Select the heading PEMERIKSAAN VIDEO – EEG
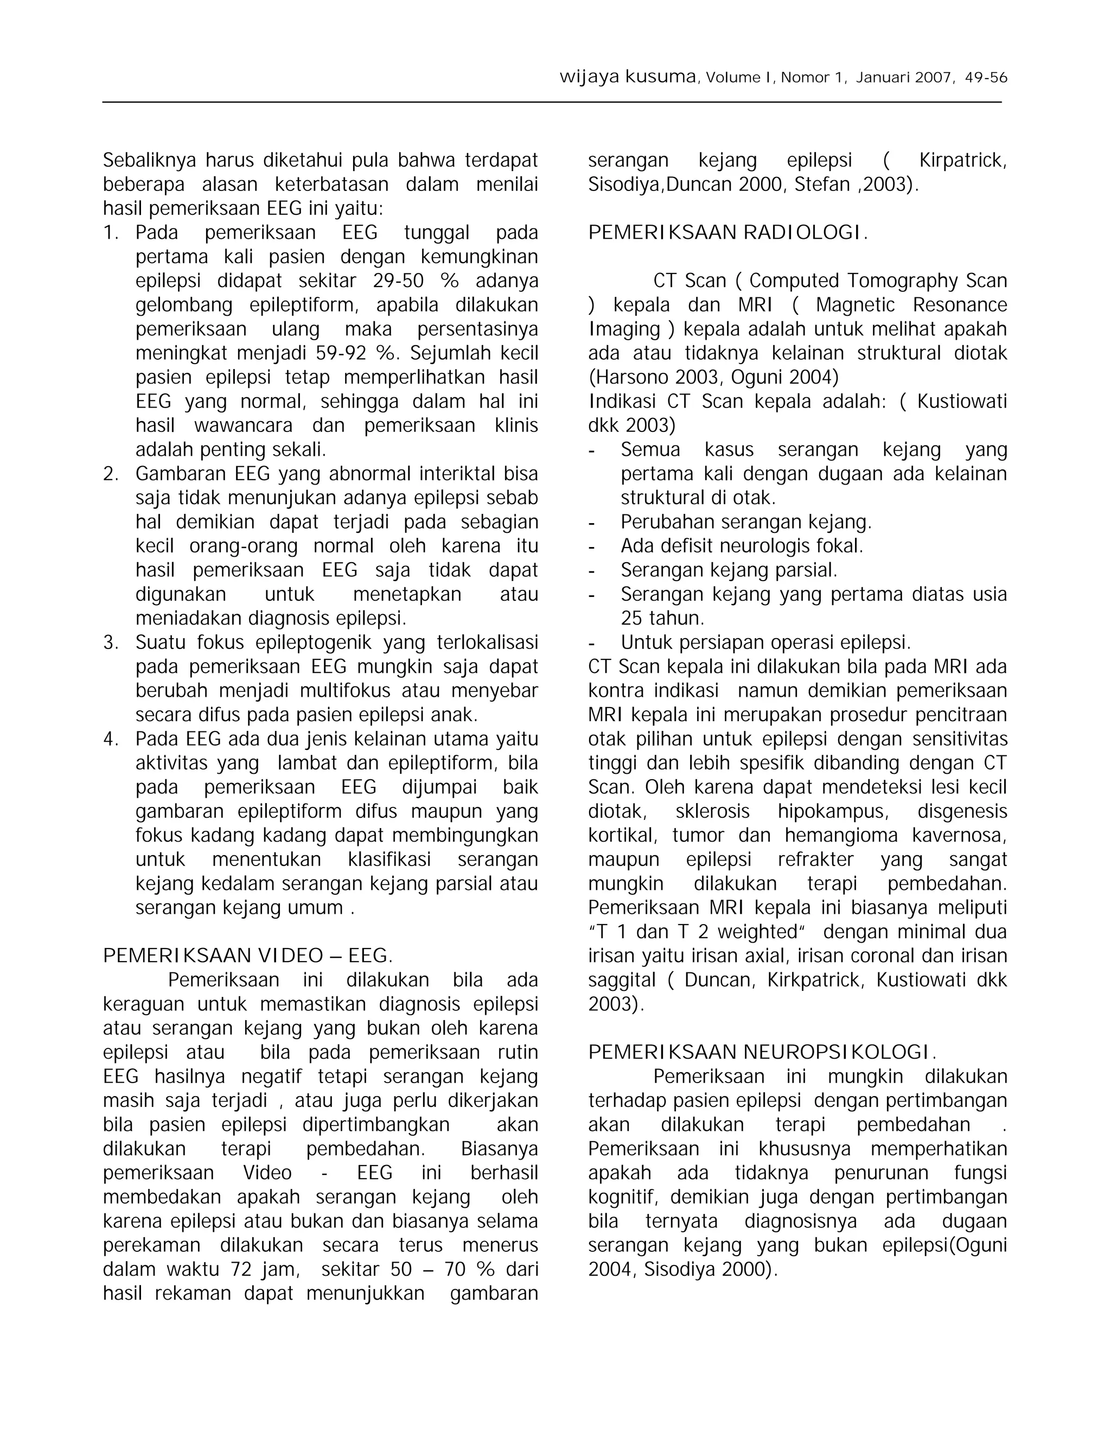(247, 956)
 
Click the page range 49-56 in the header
(985, 78)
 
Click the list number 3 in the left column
(110, 642)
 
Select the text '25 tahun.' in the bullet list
(662, 618)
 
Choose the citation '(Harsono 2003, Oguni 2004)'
(713, 377)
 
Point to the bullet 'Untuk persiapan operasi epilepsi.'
(765, 642)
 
